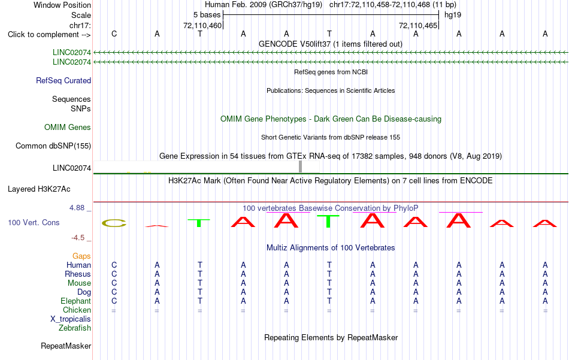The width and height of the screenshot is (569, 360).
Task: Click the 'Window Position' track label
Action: coord(62,5)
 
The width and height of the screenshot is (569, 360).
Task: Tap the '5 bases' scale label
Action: coord(207,15)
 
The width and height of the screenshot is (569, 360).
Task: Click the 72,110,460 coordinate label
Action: coord(202,25)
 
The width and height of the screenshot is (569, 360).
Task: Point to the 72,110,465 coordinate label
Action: coord(417,25)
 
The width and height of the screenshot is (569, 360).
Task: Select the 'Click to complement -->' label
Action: coord(49,35)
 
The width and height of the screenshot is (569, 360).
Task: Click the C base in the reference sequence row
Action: coord(114,34)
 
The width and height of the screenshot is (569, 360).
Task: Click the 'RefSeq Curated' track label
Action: coord(63,80)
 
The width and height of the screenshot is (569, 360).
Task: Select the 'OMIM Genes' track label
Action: coord(68,128)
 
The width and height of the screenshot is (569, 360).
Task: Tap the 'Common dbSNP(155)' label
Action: coord(53,146)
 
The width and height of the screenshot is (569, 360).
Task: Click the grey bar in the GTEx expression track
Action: coord(300,167)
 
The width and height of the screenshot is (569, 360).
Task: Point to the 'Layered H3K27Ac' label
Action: coord(39,189)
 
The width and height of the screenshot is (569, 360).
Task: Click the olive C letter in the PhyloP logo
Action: coord(114,223)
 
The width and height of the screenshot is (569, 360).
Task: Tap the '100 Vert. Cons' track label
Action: coord(34,222)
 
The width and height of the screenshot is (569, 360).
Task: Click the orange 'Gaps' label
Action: coord(81,256)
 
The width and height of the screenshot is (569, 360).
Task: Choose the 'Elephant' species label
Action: coord(76,301)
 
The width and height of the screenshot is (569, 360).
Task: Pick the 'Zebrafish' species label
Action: coord(75,328)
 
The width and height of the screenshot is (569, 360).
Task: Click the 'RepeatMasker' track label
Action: coord(66,346)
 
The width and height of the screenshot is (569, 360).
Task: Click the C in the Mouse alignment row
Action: coord(114,283)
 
